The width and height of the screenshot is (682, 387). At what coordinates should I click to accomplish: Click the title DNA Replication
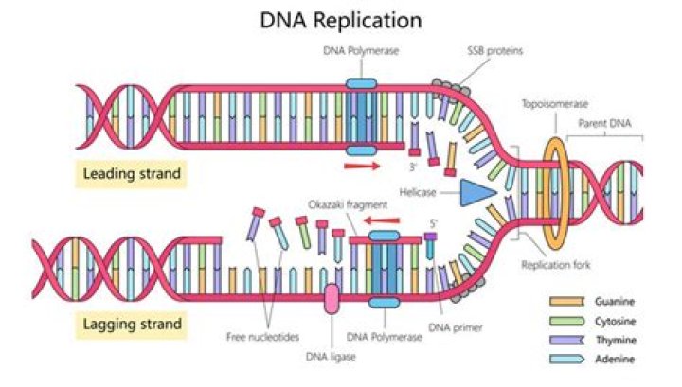pyautogui.click(x=341, y=20)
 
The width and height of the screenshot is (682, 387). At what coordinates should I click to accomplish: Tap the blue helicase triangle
pyautogui.click(x=478, y=193)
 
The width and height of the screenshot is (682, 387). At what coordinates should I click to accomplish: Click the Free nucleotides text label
pyautogui.click(x=263, y=336)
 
